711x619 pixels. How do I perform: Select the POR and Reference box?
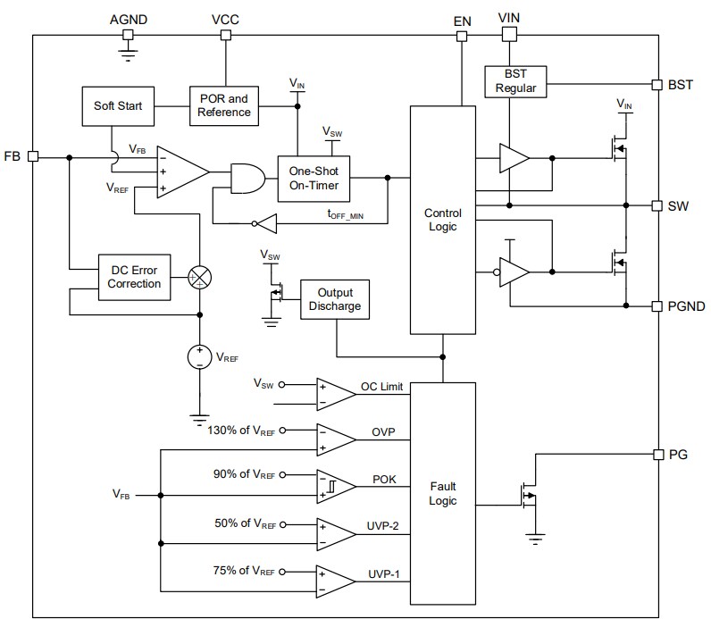[223, 105]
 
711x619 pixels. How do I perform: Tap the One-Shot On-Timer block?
[314, 177]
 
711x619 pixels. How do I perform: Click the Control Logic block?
[442, 220]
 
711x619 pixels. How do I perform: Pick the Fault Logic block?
[442, 493]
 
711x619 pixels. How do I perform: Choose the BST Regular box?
[514, 82]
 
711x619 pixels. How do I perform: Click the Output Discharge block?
[336, 299]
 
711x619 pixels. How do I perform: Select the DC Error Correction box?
[134, 277]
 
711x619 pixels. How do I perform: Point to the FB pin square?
[33, 155]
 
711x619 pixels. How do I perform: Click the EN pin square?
[462, 36]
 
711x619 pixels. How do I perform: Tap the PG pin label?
[678, 454]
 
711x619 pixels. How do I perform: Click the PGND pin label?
[686, 306]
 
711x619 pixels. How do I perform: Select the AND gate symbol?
[247, 178]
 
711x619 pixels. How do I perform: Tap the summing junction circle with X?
[200, 277]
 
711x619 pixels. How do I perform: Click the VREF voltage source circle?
[200, 356]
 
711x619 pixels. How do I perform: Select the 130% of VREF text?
[239, 429]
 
